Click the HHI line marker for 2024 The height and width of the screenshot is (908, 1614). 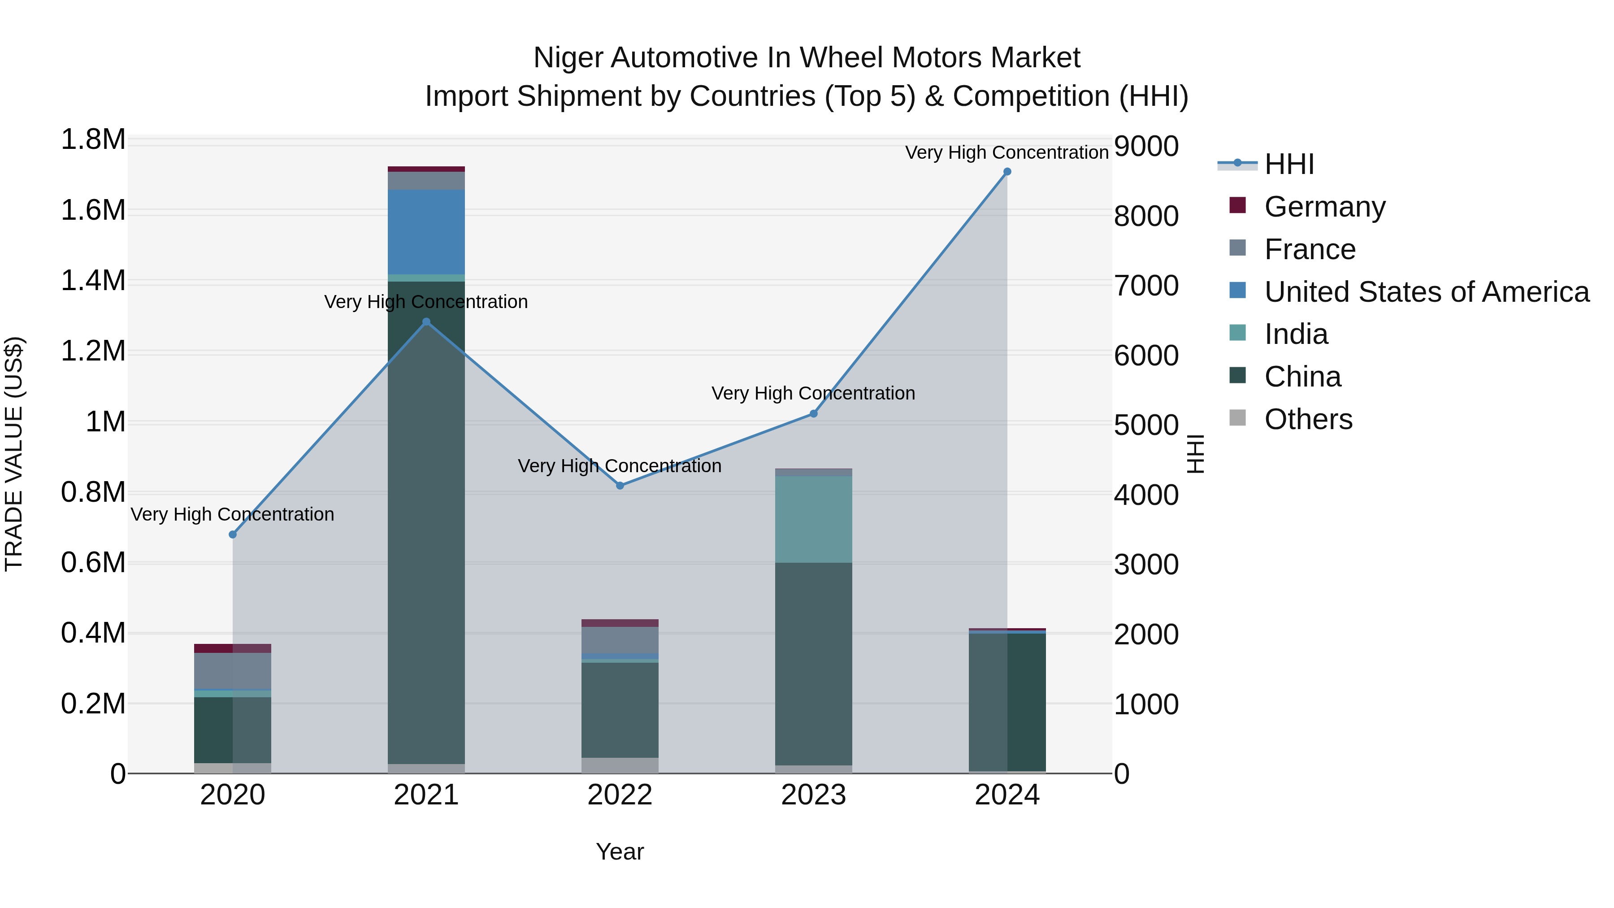click(1007, 172)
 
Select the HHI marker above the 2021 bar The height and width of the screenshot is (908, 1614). click(426, 321)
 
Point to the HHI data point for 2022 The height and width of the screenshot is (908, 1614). click(620, 486)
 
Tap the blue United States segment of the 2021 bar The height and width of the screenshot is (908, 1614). click(426, 232)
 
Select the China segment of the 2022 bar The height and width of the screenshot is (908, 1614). click(620, 709)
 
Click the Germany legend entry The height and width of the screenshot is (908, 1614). click(1324, 207)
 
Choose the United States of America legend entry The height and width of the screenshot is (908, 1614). click(1426, 292)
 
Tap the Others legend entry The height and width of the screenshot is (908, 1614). click(1308, 419)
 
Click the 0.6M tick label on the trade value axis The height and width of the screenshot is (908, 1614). click(93, 563)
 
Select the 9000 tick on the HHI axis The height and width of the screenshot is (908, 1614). click(1146, 147)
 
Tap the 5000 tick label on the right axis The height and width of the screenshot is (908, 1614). click(1146, 426)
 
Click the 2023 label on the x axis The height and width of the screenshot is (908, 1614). click(813, 795)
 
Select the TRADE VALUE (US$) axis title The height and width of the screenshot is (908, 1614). click(14, 454)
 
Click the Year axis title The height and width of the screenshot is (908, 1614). click(620, 852)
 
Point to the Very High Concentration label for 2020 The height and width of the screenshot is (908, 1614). click(232, 514)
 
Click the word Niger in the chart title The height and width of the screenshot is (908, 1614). click(568, 58)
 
